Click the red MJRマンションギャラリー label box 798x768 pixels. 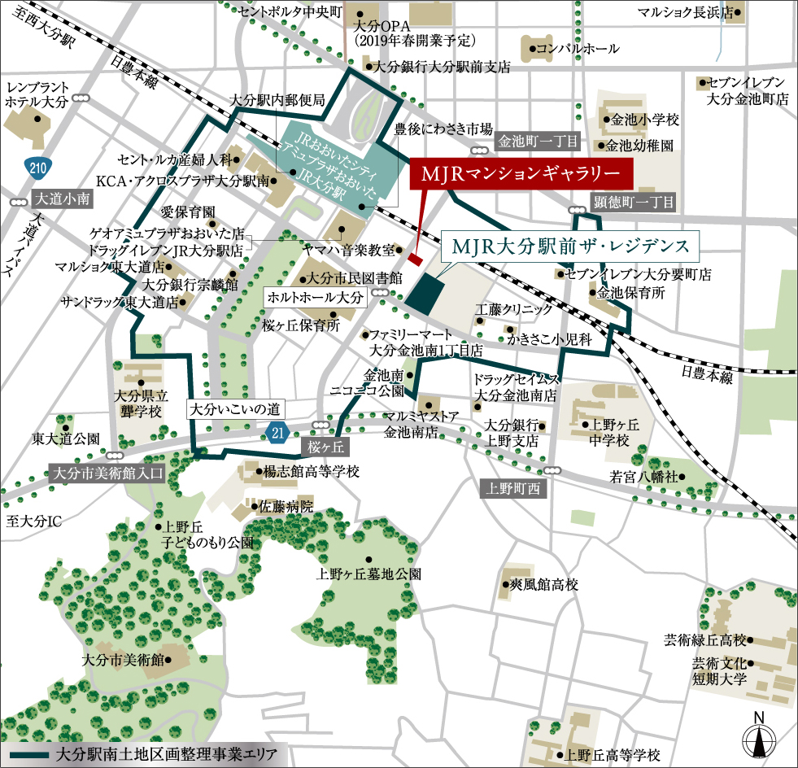point(521,174)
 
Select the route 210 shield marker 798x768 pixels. point(35,169)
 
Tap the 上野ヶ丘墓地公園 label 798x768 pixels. point(368,574)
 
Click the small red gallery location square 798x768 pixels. point(414,260)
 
